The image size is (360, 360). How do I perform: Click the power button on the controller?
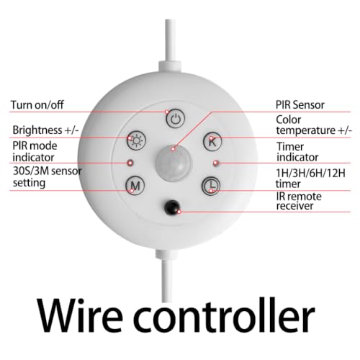176,118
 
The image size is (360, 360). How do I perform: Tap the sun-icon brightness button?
136,140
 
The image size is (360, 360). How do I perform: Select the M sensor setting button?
135,186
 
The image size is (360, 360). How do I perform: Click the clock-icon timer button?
211,186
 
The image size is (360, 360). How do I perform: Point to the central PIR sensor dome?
174,163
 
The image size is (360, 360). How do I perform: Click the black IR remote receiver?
172,207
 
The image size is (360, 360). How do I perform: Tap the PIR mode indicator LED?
130,163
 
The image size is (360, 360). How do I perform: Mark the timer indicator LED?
216,163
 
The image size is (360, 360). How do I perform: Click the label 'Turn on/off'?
37,105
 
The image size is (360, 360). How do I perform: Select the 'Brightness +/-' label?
45,130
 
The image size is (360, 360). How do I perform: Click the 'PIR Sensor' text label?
300,105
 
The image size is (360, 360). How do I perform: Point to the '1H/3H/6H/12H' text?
311,173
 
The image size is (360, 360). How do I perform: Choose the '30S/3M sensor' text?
48,171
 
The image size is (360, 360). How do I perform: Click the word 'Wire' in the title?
80,315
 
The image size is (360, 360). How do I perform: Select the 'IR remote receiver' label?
299,201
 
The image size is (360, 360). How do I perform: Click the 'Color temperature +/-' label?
314,125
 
